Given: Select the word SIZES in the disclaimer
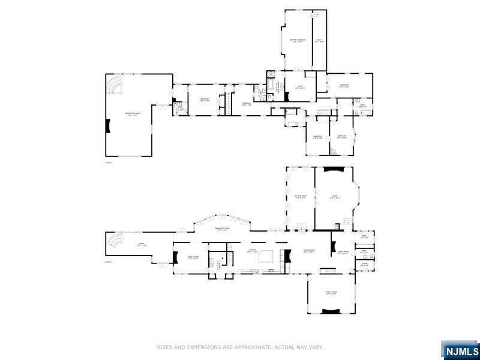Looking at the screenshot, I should click(x=165, y=347).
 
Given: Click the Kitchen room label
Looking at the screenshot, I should click(x=253, y=251).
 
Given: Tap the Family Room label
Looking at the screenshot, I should click(x=193, y=258).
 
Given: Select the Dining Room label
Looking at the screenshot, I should click(x=310, y=251).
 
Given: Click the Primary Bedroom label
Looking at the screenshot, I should click(x=298, y=41).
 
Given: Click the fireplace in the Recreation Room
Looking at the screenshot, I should click(x=108, y=127).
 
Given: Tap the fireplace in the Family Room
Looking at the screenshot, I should click(x=176, y=258).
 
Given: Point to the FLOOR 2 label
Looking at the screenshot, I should click(x=109, y=162).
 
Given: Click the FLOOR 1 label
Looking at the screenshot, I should click(x=109, y=262).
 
